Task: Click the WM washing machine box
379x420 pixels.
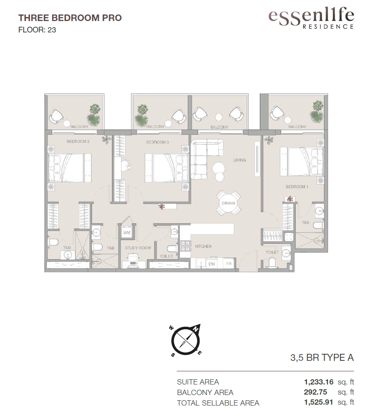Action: click(127, 232)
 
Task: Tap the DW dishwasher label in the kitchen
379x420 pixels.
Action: click(212, 264)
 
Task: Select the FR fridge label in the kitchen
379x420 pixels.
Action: click(229, 263)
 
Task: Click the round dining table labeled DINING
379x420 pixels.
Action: click(229, 203)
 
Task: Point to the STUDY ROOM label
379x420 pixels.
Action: click(138, 248)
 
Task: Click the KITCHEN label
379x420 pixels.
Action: click(203, 246)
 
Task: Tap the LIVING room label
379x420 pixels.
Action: click(240, 160)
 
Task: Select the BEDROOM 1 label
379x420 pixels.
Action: click(297, 187)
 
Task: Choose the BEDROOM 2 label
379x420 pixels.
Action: click(78, 141)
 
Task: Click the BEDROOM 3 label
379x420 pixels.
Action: click(157, 142)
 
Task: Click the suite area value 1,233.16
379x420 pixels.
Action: click(319, 382)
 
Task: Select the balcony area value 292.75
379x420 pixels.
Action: click(315, 392)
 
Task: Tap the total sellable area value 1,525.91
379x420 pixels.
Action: click(318, 402)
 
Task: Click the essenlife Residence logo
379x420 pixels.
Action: click(311, 18)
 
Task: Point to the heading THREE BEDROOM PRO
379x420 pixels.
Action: click(70, 18)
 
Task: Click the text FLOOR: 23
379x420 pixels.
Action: click(37, 30)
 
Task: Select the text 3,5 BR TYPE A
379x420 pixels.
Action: click(322, 358)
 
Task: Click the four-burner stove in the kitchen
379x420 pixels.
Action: click(185, 246)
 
